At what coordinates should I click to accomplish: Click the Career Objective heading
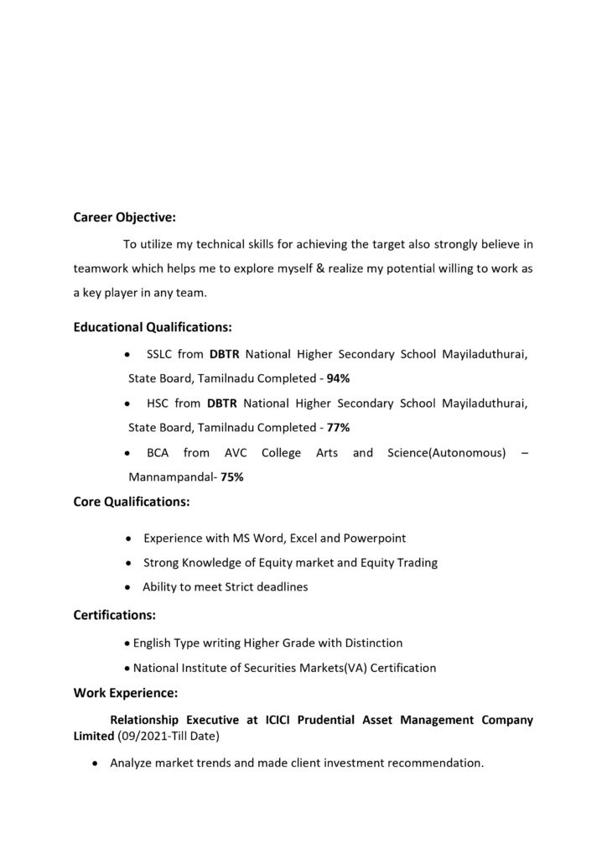pos(125,217)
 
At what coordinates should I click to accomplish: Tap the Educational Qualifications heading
pos(153,326)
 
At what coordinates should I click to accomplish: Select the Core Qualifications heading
pos(132,502)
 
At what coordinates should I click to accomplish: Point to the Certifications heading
pos(115,615)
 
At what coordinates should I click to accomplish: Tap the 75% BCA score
pos(233,477)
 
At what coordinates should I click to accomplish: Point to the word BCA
pos(158,453)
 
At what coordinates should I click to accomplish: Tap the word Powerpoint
pos(376,538)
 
